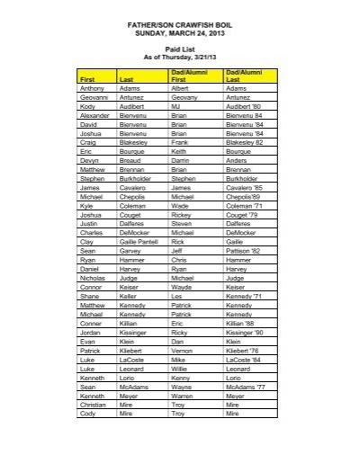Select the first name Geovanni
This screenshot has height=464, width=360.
point(94,97)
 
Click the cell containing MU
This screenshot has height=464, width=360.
point(176,106)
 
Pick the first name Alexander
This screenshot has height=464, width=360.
point(95,115)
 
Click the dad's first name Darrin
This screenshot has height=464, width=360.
point(180,160)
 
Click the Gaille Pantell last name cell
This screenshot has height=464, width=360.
point(139,241)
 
